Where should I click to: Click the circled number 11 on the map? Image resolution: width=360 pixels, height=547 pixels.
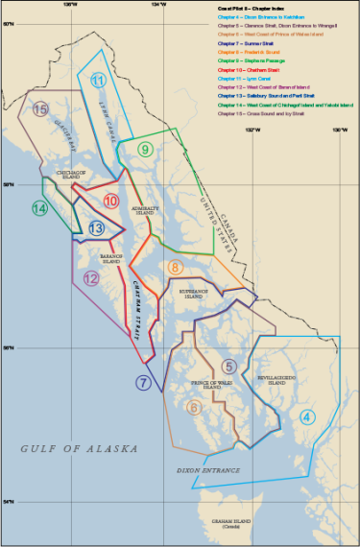pyautogui.click(x=97, y=80)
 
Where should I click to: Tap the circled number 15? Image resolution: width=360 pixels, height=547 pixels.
pyautogui.click(x=39, y=109)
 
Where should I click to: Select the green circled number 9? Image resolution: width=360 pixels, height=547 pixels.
pyautogui.click(x=144, y=149)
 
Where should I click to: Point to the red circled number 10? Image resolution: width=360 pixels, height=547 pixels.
pyautogui.click(x=111, y=202)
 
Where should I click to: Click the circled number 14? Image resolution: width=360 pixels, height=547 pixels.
pyautogui.click(x=38, y=207)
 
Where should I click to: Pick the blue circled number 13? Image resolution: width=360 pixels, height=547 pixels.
pyautogui.click(x=96, y=228)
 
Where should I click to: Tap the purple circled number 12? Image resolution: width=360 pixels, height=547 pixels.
pyautogui.click(x=91, y=278)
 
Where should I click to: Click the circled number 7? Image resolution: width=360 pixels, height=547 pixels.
pyautogui.click(x=142, y=382)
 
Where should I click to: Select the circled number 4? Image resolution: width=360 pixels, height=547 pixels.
pyautogui.click(x=306, y=416)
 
